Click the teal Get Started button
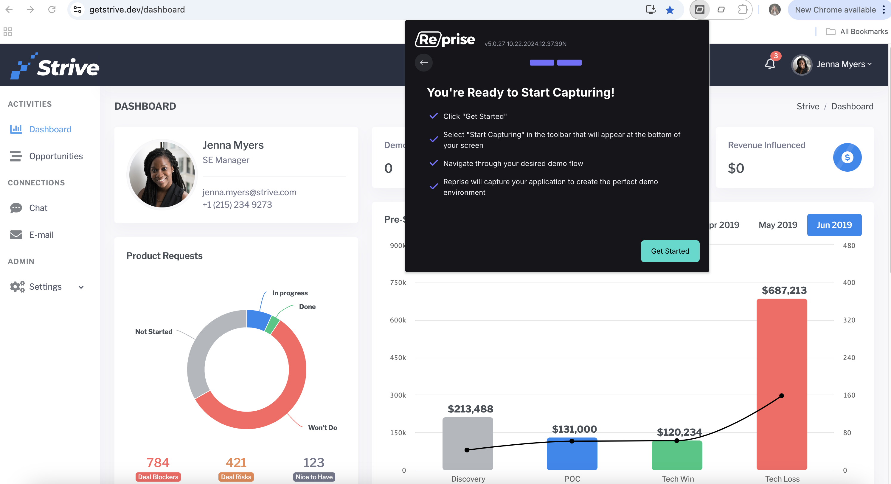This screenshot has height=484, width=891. [670, 251]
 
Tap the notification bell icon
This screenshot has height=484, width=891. [770, 64]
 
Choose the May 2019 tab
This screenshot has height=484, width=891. [777, 225]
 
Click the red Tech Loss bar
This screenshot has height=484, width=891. [782, 384]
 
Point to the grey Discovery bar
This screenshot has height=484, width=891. [468, 443]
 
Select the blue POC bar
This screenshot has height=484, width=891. [572, 454]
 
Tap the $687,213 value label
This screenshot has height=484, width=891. [784, 290]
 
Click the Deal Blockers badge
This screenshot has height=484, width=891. [158, 477]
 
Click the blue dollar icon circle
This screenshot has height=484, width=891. [847, 157]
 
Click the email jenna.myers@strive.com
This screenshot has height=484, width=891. [249, 192]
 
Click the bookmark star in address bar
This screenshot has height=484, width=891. [670, 10]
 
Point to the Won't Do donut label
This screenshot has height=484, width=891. [322, 428]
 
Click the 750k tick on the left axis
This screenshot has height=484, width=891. [398, 283]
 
